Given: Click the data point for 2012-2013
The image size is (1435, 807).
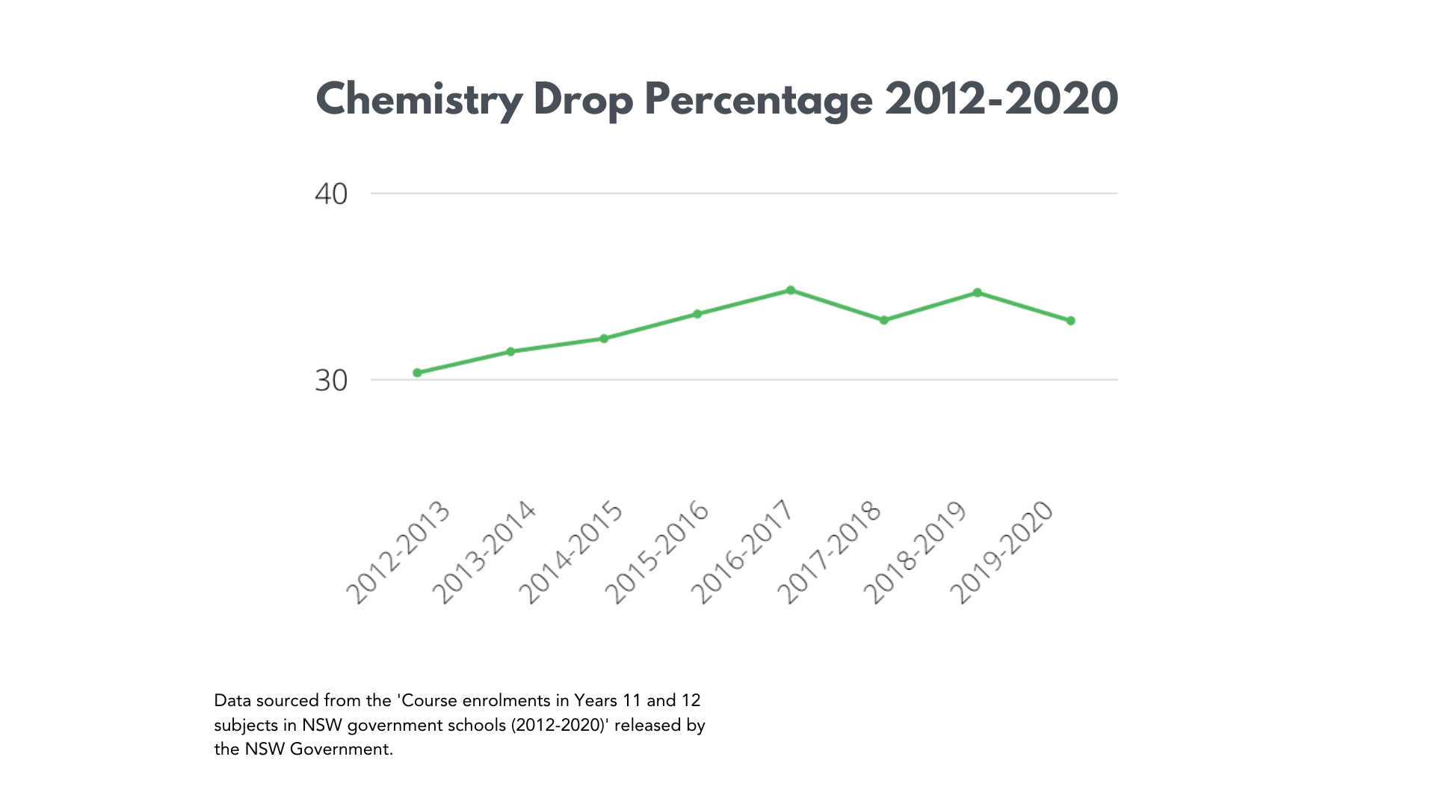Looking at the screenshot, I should click(417, 373).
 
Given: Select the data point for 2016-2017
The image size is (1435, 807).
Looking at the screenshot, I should click(791, 291).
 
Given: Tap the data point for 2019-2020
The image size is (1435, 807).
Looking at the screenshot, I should click(1070, 321).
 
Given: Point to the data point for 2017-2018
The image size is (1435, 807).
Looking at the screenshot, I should click(884, 320).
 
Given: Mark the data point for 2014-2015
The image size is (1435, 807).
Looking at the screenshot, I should click(604, 338).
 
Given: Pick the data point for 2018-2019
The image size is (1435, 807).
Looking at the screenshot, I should click(978, 293).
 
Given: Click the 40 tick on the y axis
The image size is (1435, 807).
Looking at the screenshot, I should click(331, 194).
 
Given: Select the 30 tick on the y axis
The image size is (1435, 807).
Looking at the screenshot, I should click(331, 381).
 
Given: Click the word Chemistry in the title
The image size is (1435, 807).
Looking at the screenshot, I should click(419, 100).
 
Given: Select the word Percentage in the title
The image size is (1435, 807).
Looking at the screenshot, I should click(759, 100).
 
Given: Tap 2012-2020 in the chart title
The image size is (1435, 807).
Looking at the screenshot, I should click(1002, 100).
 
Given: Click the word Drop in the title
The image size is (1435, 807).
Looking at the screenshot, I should click(583, 100).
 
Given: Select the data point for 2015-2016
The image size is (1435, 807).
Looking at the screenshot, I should click(697, 314).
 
